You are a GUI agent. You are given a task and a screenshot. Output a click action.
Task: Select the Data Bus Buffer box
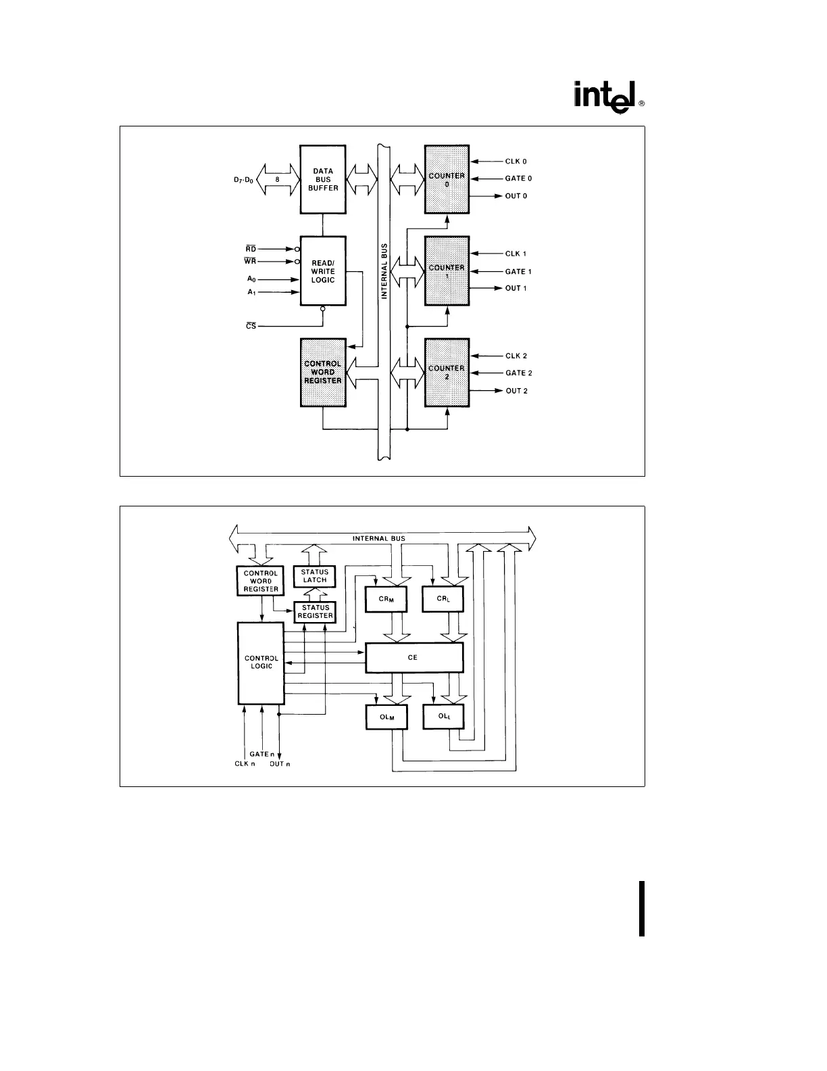point(323,179)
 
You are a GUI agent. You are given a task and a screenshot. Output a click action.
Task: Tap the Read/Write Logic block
point(323,271)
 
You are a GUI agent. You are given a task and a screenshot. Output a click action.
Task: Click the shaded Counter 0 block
point(447,179)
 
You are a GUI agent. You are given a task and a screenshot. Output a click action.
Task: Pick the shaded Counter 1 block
point(447,271)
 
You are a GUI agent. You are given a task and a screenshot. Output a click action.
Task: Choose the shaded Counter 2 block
point(447,373)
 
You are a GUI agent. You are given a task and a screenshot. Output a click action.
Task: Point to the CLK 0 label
point(516,162)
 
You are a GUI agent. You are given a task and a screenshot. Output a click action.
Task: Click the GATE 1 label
point(518,272)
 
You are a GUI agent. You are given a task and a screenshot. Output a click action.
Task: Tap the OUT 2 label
point(516,391)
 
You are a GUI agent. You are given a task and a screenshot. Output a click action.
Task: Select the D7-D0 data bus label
point(243,181)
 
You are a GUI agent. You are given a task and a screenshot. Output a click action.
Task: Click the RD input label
point(251,249)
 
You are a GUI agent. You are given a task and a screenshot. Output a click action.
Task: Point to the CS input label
point(251,327)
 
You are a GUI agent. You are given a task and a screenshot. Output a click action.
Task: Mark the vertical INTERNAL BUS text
point(384,271)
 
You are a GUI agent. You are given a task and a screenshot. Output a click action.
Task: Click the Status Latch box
point(315,576)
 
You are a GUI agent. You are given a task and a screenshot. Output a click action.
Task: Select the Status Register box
point(316,612)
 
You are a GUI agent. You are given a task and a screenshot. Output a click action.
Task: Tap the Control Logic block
point(261,663)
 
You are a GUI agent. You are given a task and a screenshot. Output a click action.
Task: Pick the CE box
point(414,657)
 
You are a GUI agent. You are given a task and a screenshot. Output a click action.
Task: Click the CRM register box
point(386,600)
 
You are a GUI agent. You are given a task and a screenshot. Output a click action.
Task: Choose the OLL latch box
point(443,717)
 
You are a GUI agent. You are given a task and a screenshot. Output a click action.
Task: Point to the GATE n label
point(262,754)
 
